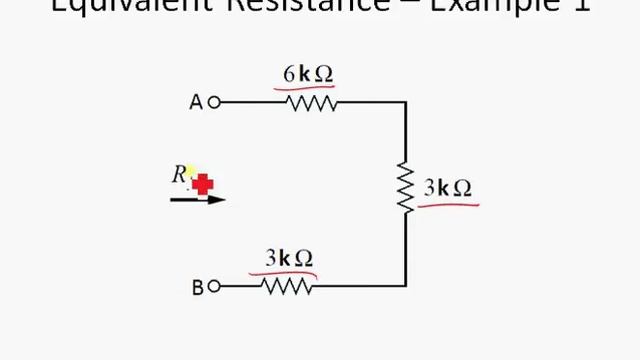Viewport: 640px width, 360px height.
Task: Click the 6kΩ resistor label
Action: [308, 74]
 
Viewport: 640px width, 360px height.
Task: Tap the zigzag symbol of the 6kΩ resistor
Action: [311, 102]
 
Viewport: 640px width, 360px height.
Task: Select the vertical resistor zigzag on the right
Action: [406, 187]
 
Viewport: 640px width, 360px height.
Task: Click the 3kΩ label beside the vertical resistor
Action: [447, 187]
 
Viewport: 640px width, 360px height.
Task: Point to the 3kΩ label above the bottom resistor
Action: [290, 258]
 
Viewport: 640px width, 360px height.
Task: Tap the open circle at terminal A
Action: [213, 102]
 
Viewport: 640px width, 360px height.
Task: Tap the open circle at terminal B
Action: [213, 287]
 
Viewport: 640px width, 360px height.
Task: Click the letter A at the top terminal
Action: [196, 102]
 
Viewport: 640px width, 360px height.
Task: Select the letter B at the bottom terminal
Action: [197, 288]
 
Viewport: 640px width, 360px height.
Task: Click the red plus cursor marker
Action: [203, 184]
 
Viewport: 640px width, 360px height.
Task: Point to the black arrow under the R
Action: [198, 200]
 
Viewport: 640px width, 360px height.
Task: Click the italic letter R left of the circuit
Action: [180, 174]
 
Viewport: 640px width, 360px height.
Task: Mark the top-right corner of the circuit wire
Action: [406, 102]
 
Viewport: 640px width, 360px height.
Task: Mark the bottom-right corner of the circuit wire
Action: [406, 287]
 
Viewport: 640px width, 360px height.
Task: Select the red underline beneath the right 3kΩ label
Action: [448, 205]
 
